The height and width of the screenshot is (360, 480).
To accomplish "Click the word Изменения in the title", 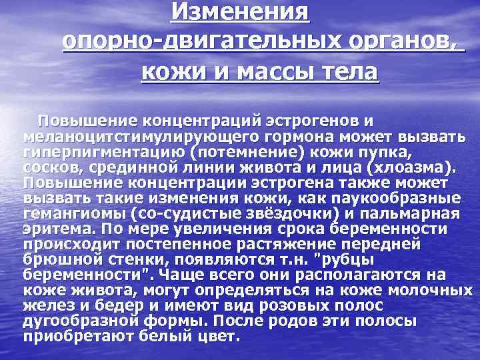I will [x=240, y=11].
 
